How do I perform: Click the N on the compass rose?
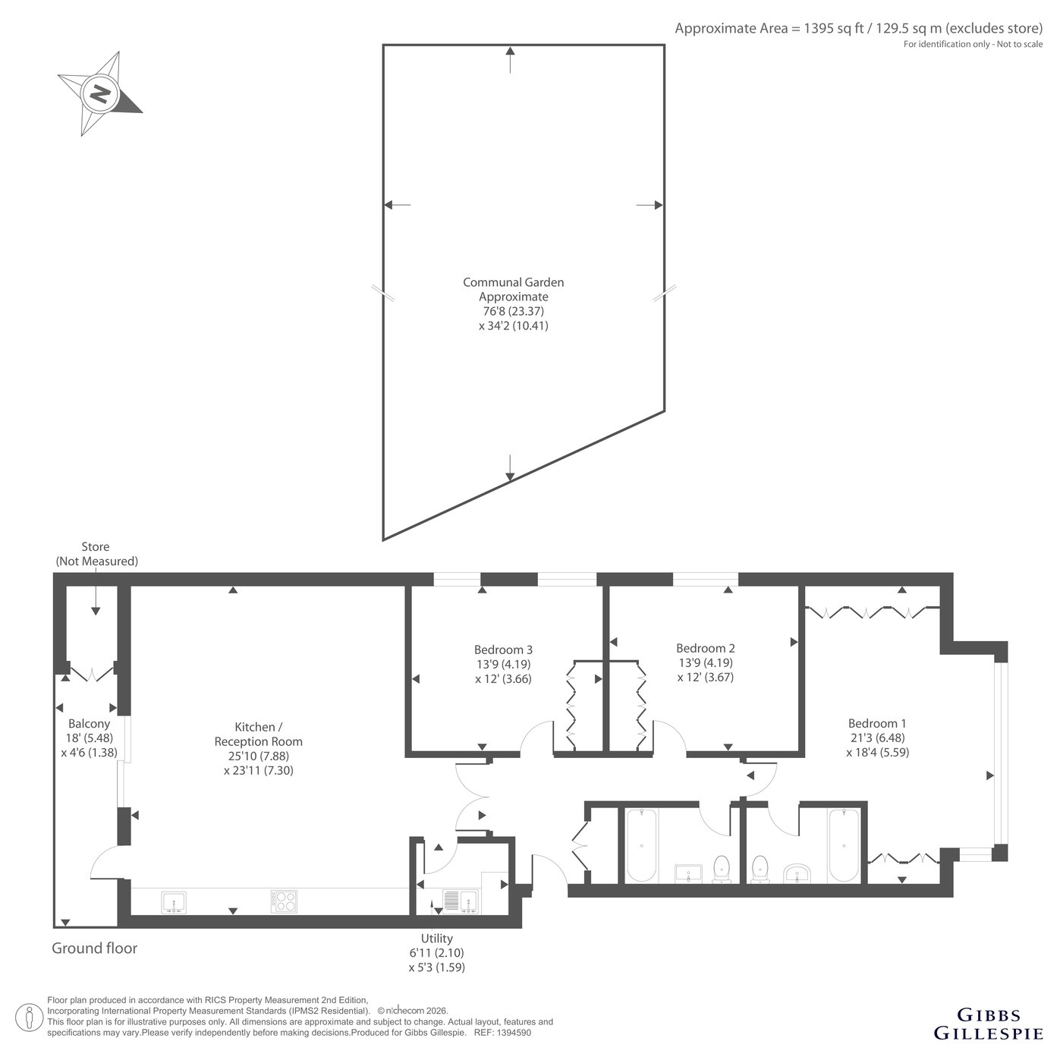pos(99,94)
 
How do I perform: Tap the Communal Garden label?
pos(513,282)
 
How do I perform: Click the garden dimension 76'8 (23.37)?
pos(513,311)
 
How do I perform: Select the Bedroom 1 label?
pos(877,723)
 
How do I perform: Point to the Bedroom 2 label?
pos(705,648)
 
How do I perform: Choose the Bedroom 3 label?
pos(503,650)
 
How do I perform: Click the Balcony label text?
pos(89,724)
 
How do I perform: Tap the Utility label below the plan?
pos(437,939)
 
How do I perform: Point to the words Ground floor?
pos(95,948)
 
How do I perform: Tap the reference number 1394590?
pos(514,1033)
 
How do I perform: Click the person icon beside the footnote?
pos(29,1017)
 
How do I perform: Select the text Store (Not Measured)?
pos(96,554)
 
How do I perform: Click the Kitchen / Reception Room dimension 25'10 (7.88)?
pos(259,756)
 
